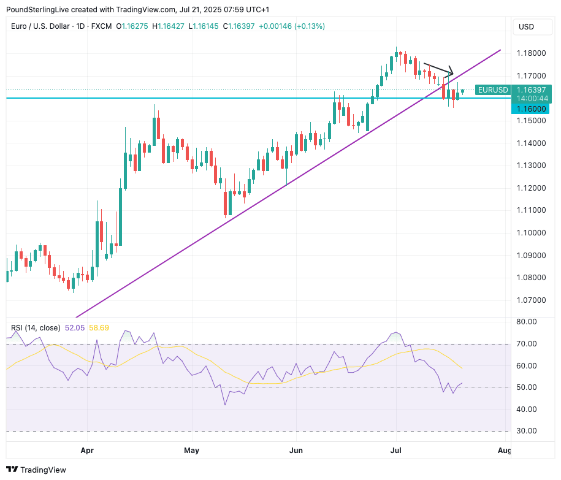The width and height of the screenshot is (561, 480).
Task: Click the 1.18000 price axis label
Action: pyautogui.click(x=532, y=53)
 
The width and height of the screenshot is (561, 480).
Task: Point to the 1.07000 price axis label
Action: pyautogui.click(x=532, y=300)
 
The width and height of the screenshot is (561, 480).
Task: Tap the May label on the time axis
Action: pyautogui.click(x=192, y=451)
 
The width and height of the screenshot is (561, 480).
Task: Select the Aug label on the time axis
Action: pyautogui.click(x=505, y=451)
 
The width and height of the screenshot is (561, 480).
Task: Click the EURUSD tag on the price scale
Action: pyautogui.click(x=492, y=90)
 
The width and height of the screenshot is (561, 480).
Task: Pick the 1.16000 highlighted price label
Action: pyautogui.click(x=531, y=109)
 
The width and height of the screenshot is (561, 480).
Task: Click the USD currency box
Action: pyautogui.click(x=527, y=27)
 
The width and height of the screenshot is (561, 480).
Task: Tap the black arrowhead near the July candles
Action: pyautogui.click(x=451, y=70)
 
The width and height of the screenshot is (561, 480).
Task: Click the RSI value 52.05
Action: pyautogui.click(x=74, y=328)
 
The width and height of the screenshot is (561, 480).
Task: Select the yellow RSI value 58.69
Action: pyautogui.click(x=99, y=328)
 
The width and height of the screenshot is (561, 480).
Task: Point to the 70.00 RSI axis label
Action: pyautogui.click(x=528, y=343)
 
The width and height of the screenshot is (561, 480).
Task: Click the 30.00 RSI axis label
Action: pyautogui.click(x=528, y=431)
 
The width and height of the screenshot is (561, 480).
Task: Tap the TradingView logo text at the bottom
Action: pyautogui.click(x=43, y=470)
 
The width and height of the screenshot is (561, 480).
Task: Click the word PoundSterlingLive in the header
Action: pyautogui.click(x=37, y=10)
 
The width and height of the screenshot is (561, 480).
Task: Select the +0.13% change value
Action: pyautogui.click(x=310, y=26)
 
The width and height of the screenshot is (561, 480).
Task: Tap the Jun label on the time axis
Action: pyautogui.click(x=296, y=451)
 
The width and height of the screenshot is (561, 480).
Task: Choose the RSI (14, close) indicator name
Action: pyautogui.click(x=36, y=328)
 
